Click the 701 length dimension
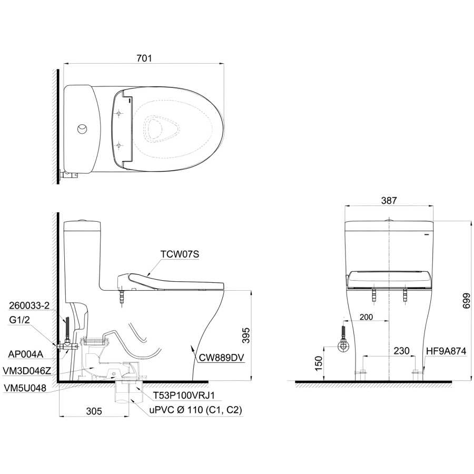tap(144, 58)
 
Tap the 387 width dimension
tap(389, 200)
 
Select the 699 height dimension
tap(467, 301)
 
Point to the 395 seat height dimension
tap(246, 335)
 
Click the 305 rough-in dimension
tap(94, 411)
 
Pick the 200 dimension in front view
tap(366, 317)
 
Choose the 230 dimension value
tap(401, 351)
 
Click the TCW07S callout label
tap(180, 254)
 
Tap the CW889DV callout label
tap(221, 358)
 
